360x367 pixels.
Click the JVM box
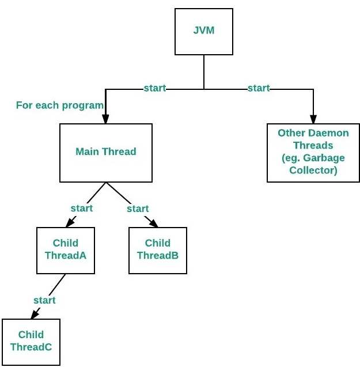click(204, 32)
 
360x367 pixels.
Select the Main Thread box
click(106, 153)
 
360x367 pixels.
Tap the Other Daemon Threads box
click(313, 153)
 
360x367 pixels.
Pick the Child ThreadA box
click(66, 250)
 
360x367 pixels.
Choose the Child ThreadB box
click(158, 250)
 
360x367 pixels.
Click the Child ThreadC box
click(31, 342)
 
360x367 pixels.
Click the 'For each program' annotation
click(60, 105)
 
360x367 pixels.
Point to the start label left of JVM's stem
click(155, 88)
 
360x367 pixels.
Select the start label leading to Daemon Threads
click(259, 88)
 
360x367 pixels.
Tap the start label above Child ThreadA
click(82, 209)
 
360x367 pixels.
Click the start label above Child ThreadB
click(138, 209)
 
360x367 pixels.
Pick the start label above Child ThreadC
click(44, 300)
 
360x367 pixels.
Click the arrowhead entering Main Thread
click(105, 119)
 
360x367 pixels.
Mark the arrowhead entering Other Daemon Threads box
click(313, 119)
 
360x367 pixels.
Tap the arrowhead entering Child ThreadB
click(154, 224)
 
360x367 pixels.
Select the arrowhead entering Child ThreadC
click(35, 315)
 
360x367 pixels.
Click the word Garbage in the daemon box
click(324, 158)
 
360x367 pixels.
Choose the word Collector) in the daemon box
click(313, 170)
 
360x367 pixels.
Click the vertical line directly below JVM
click(204, 72)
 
